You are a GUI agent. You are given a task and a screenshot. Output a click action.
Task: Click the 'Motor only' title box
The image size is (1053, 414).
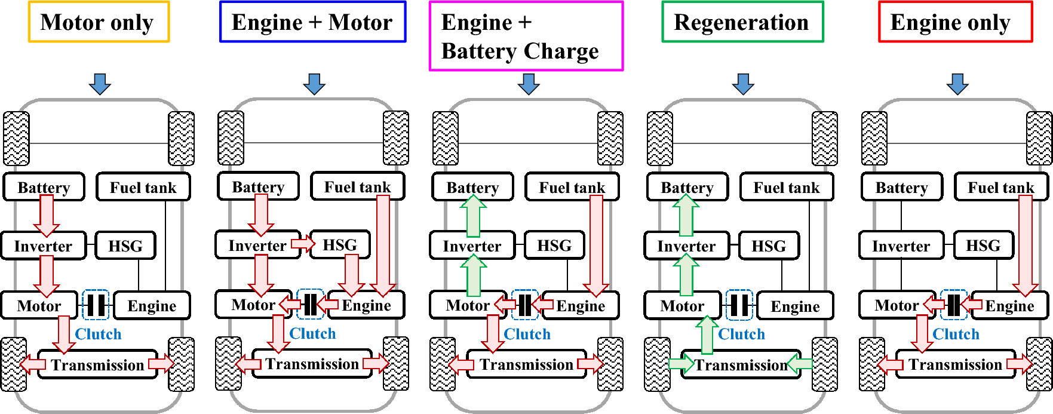coord(99,22)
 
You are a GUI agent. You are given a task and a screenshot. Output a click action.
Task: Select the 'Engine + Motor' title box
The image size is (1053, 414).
coord(312,22)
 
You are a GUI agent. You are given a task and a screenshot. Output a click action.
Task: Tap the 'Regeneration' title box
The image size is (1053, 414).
coord(742,22)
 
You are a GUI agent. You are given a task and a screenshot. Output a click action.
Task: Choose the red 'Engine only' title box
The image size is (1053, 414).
coord(955,22)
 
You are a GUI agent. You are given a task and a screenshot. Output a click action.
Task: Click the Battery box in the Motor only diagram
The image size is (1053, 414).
coord(44,187)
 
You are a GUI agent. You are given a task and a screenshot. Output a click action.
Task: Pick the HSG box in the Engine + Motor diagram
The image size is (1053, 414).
coord(340,245)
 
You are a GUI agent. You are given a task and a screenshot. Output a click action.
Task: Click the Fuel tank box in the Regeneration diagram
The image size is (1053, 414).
coord(787,187)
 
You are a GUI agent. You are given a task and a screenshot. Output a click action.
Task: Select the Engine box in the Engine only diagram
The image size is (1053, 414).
coord(1009,306)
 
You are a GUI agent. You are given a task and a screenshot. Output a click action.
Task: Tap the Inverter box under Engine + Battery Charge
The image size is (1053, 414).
coord(472,246)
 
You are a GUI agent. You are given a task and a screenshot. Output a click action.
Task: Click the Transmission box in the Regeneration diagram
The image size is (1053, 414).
coord(741,364)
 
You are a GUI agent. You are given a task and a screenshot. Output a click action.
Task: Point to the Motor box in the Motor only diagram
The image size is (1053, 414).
coord(39,306)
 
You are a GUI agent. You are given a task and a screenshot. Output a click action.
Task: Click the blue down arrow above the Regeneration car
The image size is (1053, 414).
coord(743,84)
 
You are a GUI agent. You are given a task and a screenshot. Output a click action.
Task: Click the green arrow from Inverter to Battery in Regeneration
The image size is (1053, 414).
coord(686,215)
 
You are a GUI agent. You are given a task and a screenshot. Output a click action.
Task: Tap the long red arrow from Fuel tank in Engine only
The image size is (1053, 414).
coord(1025,245)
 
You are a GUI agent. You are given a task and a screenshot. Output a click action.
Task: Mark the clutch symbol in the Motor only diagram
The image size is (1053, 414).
coord(95,305)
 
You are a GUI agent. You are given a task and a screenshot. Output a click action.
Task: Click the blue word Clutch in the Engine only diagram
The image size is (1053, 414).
coord(956,334)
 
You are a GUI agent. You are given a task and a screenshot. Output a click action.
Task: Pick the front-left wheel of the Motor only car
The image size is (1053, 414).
coord(16,139)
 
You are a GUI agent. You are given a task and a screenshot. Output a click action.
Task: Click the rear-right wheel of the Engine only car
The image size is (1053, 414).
coord(1039,364)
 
